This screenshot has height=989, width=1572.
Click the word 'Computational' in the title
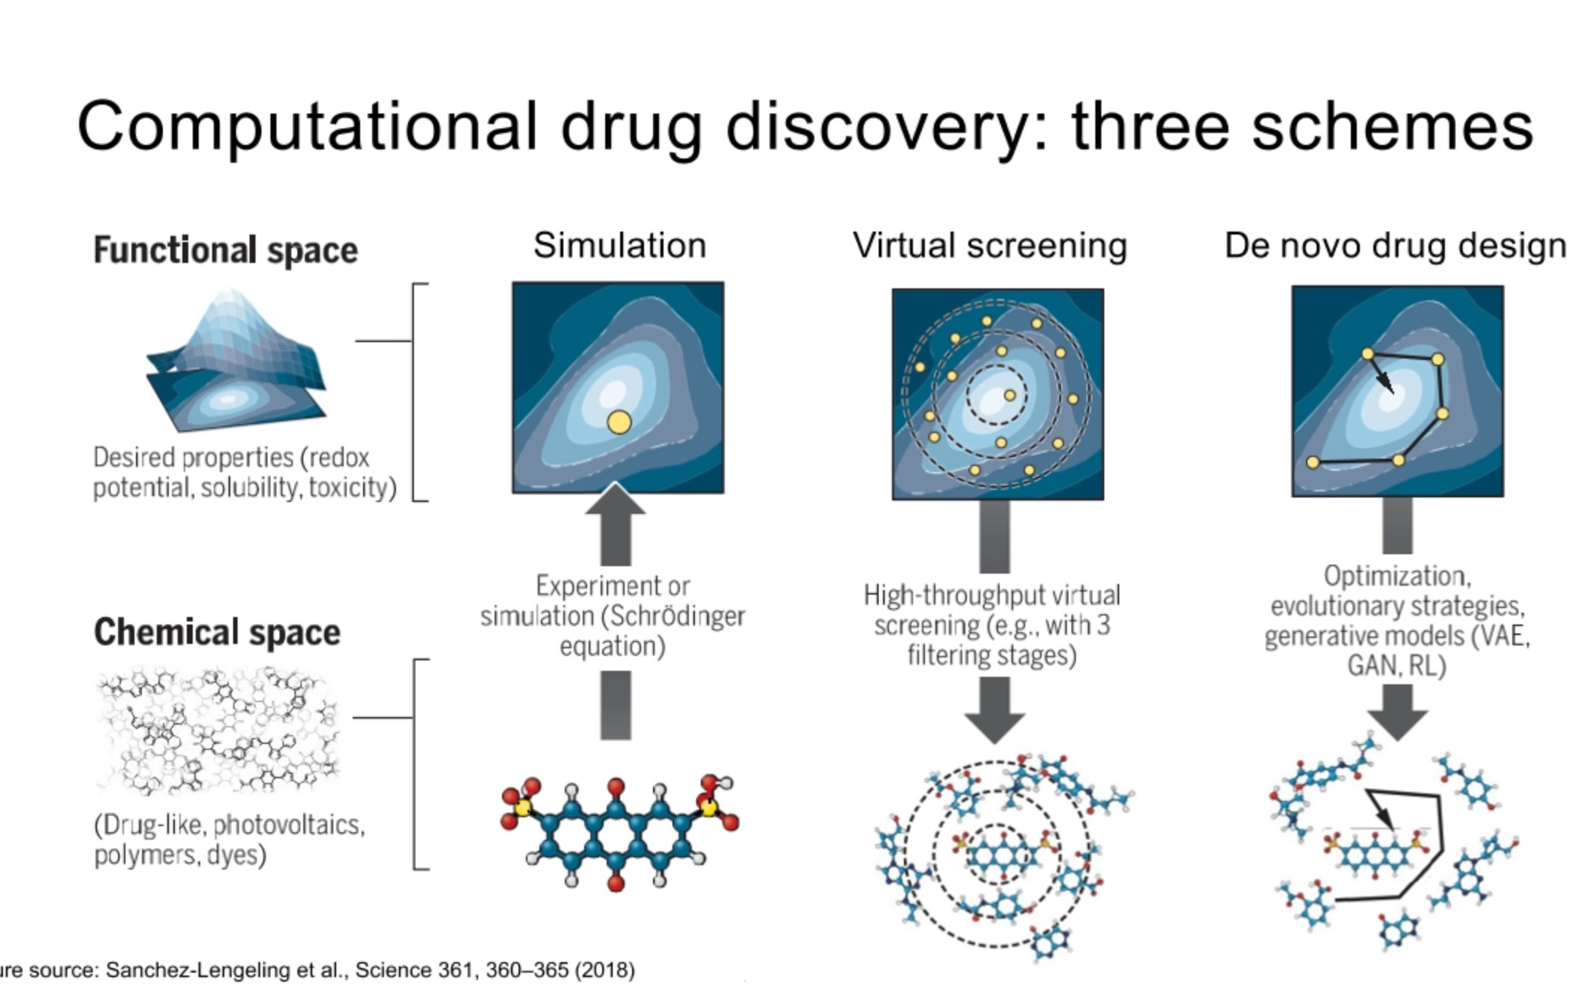click(306, 127)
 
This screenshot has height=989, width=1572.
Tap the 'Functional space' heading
click(226, 250)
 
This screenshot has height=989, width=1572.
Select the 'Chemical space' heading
click(217, 632)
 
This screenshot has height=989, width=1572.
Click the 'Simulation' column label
click(619, 246)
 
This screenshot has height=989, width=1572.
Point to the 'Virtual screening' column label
click(990, 246)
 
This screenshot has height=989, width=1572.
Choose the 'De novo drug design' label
click(1395, 246)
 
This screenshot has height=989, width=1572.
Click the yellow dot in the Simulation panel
click(619, 423)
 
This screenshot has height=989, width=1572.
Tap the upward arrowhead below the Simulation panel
click(615, 500)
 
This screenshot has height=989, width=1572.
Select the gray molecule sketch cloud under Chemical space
click(217, 732)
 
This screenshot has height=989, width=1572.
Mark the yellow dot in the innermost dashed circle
click(1009, 395)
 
